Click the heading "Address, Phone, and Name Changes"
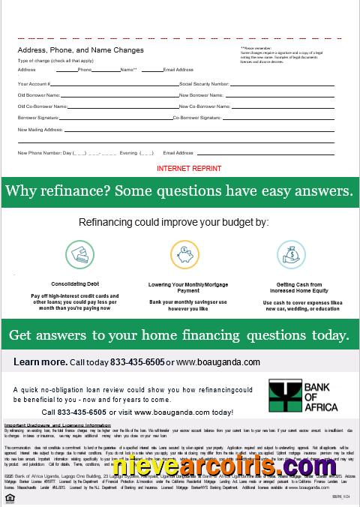click(x=81, y=50)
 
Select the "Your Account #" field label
click(x=34, y=84)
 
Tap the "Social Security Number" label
click(x=205, y=84)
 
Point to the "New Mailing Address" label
click(x=40, y=130)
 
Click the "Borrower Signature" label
click(x=37, y=118)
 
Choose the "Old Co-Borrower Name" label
click(x=42, y=106)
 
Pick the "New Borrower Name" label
click(x=201, y=95)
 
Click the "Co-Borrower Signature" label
click(x=197, y=118)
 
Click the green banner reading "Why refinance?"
click(x=180, y=190)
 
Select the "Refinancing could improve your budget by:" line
click(x=173, y=222)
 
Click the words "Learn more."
click(x=40, y=361)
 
